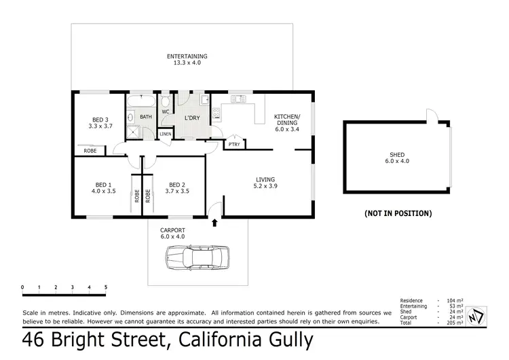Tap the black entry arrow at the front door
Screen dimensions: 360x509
click(x=216, y=221)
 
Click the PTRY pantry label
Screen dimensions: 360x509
click(x=233, y=145)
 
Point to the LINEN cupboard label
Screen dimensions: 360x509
click(x=166, y=134)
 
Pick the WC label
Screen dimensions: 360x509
click(x=165, y=111)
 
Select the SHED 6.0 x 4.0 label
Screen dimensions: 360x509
click(x=397, y=158)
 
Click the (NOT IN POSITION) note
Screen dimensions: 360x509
click(x=398, y=213)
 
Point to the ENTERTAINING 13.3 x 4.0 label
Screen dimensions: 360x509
click(x=187, y=59)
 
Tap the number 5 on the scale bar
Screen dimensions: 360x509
click(x=106, y=287)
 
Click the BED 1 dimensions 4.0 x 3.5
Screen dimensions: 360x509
click(x=103, y=192)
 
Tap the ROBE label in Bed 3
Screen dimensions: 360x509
click(x=90, y=151)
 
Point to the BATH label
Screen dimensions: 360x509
click(x=146, y=117)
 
